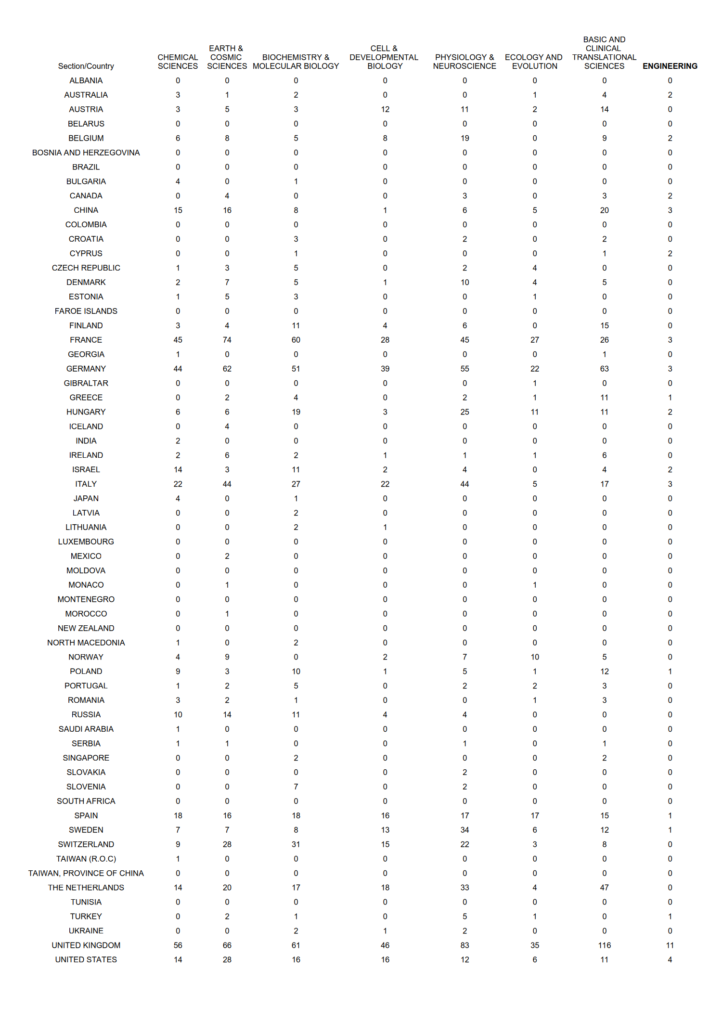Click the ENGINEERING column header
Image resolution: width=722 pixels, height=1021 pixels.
click(x=670, y=66)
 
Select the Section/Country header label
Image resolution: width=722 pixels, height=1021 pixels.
click(x=86, y=66)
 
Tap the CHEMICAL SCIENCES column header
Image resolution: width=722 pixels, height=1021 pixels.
click(x=178, y=62)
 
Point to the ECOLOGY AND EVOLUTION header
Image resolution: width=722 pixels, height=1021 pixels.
click(x=534, y=62)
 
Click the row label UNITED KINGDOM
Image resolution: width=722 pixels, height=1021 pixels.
click(x=86, y=945)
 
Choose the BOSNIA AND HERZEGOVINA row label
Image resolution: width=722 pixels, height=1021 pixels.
click(x=86, y=153)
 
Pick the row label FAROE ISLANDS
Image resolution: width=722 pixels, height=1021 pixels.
click(x=86, y=311)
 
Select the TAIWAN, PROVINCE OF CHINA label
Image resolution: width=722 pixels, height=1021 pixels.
click(x=86, y=873)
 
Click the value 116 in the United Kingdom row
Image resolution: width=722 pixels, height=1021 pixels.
click(x=604, y=945)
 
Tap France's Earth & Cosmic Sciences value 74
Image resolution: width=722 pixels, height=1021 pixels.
click(x=227, y=340)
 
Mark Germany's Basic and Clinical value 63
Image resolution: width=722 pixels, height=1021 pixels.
click(x=604, y=369)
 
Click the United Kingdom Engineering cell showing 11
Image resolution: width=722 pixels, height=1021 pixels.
click(x=670, y=945)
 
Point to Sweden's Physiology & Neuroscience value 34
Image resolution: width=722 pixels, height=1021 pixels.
click(x=464, y=829)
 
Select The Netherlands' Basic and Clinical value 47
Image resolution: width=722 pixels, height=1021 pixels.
click(x=604, y=887)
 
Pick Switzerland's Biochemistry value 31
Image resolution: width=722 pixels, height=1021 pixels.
click(x=296, y=844)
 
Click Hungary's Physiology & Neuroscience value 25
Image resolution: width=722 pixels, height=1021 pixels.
click(x=464, y=412)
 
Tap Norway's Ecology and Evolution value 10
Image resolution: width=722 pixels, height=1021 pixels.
click(x=534, y=657)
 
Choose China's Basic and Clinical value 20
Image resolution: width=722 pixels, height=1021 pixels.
click(x=604, y=210)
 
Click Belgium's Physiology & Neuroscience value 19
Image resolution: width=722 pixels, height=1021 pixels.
click(x=464, y=138)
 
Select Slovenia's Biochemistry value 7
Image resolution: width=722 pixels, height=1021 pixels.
click(x=296, y=787)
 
